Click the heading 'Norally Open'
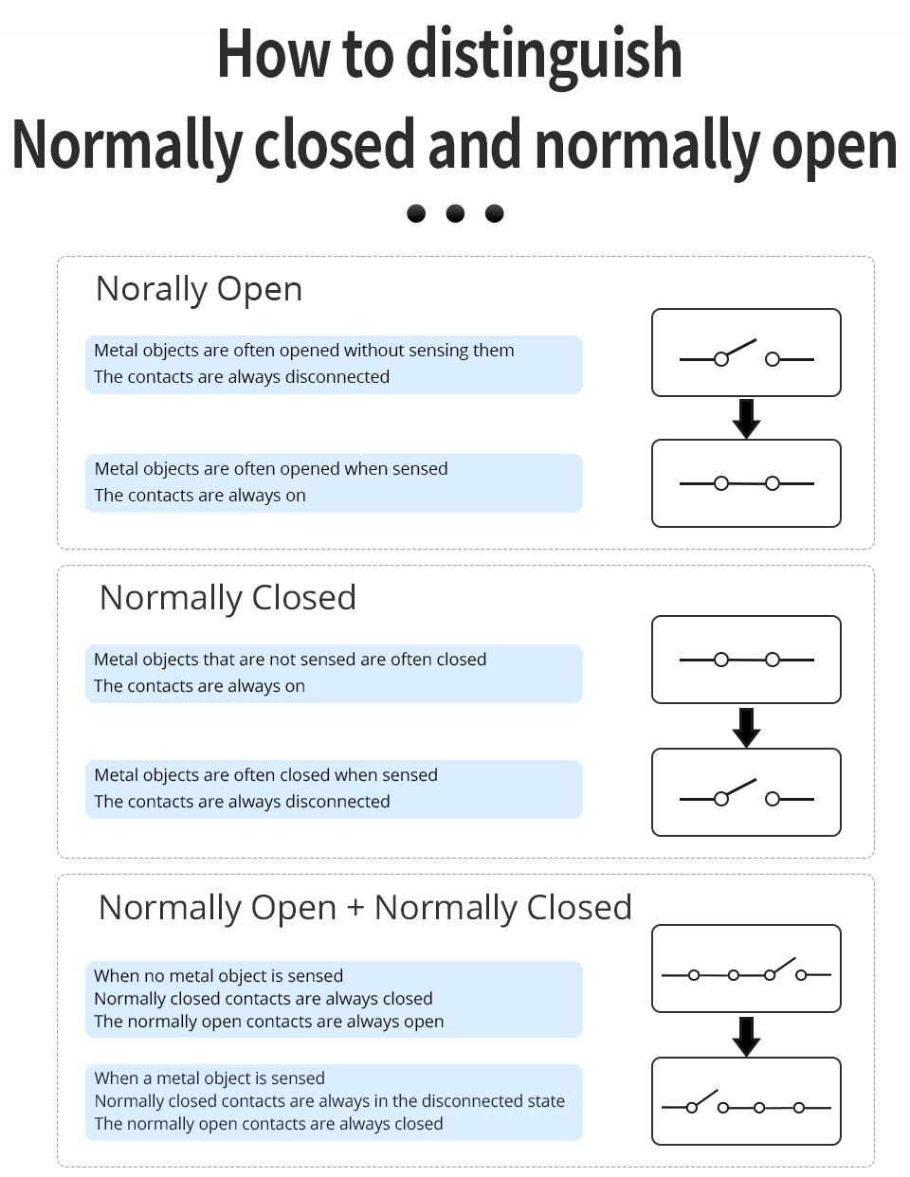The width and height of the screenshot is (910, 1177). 199,289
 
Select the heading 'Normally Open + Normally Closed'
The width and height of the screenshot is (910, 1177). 365,908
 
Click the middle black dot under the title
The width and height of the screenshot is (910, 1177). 455,213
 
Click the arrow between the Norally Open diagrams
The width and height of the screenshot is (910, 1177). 746,418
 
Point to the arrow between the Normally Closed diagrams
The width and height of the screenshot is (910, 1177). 746,728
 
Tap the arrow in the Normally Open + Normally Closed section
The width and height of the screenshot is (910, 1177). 746,1036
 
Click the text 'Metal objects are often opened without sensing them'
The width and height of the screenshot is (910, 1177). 304,351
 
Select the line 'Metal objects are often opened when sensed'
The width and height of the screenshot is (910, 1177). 271,468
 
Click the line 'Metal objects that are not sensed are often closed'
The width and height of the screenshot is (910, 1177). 290,660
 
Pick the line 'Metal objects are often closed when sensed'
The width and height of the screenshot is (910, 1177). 266,775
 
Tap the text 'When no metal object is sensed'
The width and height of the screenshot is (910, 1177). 218,976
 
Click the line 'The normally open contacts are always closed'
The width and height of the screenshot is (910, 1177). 268,1124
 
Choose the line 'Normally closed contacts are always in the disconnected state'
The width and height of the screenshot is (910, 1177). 329,1101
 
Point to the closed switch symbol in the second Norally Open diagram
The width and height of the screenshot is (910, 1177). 746,483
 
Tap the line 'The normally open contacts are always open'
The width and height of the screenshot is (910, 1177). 268,1022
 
